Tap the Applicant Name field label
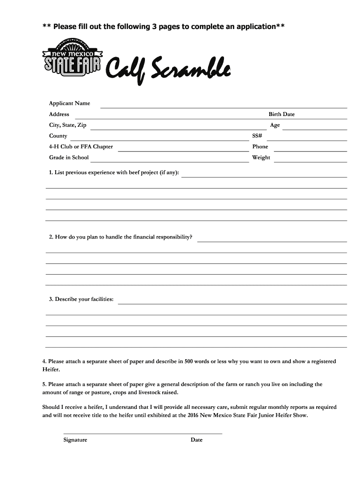pyautogui.click(x=70, y=103)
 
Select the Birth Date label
pyautogui.click(x=281, y=114)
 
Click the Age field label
pyautogui.click(x=275, y=125)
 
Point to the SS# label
pyautogui.click(x=257, y=136)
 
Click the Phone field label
pyautogui.click(x=260, y=146)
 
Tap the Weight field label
pyautogui.click(x=261, y=157)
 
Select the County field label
pyautogui.click(x=58, y=136)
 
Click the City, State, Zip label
pyautogui.click(x=67, y=125)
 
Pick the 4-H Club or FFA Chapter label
pyautogui.click(x=81, y=146)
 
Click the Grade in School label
pyautogui.click(x=69, y=157)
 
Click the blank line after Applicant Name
pyautogui.click(x=223, y=107)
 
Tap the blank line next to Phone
pyautogui.click(x=310, y=151)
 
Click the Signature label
pyautogui.click(x=75, y=440)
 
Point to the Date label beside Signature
pyautogui.click(x=196, y=440)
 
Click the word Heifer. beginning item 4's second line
pyautogui.click(x=51, y=370)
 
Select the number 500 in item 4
pyautogui.click(x=188, y=362)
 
